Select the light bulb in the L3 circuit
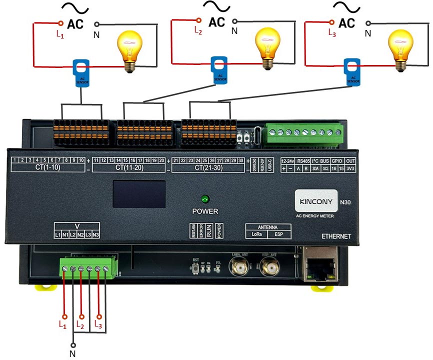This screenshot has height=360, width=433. pos(401,48)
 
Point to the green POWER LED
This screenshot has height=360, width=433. pos(204,199)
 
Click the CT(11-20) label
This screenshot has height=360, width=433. pos(129,168)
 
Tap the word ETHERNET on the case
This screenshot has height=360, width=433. pos(336,236)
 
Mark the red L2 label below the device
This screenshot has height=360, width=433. pos(80,324)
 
